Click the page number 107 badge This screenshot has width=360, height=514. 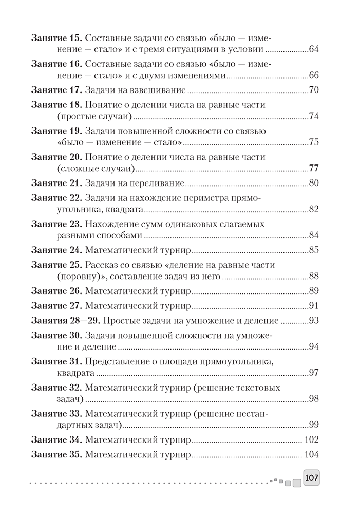tap(312, 478)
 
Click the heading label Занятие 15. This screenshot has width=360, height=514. tap(56, 38)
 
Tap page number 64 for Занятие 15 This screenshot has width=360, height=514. tap(314, 50)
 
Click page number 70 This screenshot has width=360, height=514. tap(314, 91)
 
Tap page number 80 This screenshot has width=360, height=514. tap(314, 183)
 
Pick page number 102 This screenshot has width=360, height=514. tap(312, 440)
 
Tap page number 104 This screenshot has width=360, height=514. tap(312, 455)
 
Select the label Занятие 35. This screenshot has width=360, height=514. tap(56, 455)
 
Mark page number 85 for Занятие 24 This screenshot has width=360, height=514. tap(314, 250)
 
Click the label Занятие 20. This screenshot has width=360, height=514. tap(56, 157)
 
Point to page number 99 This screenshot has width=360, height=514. tap(314, 425)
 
